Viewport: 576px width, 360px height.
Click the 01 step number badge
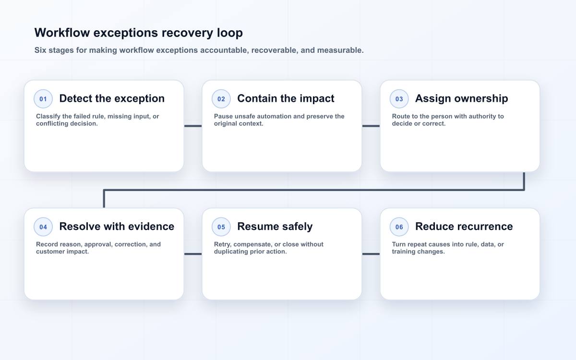pyautogui.click(x=43, y=99)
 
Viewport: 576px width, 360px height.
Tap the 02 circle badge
pyautogui.click(x=221, y=99)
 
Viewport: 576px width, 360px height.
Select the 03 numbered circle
pyautogui.click(x=399, y=99)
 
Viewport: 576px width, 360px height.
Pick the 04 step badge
pyautogui.click(x=43, y=227)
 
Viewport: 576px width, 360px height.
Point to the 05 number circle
pyautogui.click(x=221, y=227)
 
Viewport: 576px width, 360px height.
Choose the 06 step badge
pyautogui.click(x=399, y=227)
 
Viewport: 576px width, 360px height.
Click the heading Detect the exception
pyautogui.click(x=112, y=98)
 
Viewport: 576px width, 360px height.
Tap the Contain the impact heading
pyautogui.click(x=286, y=98)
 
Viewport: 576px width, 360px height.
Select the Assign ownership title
pyautogui.click(x=462, y=99)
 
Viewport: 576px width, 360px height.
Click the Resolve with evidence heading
pyautogui.click(x=117, y=227)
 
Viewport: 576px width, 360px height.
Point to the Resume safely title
pyautogui.click(x=275, y=227)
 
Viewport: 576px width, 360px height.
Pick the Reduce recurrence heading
pyautogui.click(x=464, y=227)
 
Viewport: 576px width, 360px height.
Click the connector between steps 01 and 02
pyautogui.click(x=193, y=126)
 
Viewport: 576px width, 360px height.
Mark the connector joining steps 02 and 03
pyautogui.click(x=371, y=126)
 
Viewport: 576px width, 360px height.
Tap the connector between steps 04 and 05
pyautogui.click(x=193, y=254)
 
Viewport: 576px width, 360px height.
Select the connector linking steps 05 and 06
pyautogui.click(x=371, y=254)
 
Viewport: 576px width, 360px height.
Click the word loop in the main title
pyautogui.click(x=229, y=33)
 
